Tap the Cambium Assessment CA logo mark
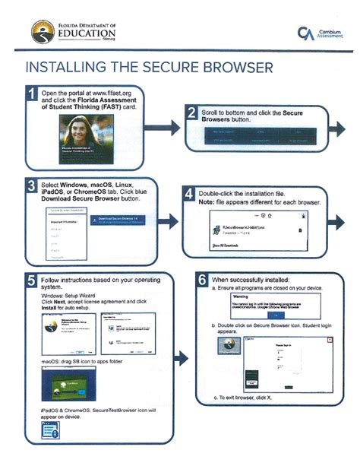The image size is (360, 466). pos(304,33)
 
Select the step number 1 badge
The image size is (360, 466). pos(32,95)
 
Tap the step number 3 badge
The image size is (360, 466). pos(32,185)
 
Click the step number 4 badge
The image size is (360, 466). pos(191,195)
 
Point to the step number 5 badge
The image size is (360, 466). pos(32,281)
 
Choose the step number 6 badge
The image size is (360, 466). pos(203,281)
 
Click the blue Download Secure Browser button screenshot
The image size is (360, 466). pos(122,220)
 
